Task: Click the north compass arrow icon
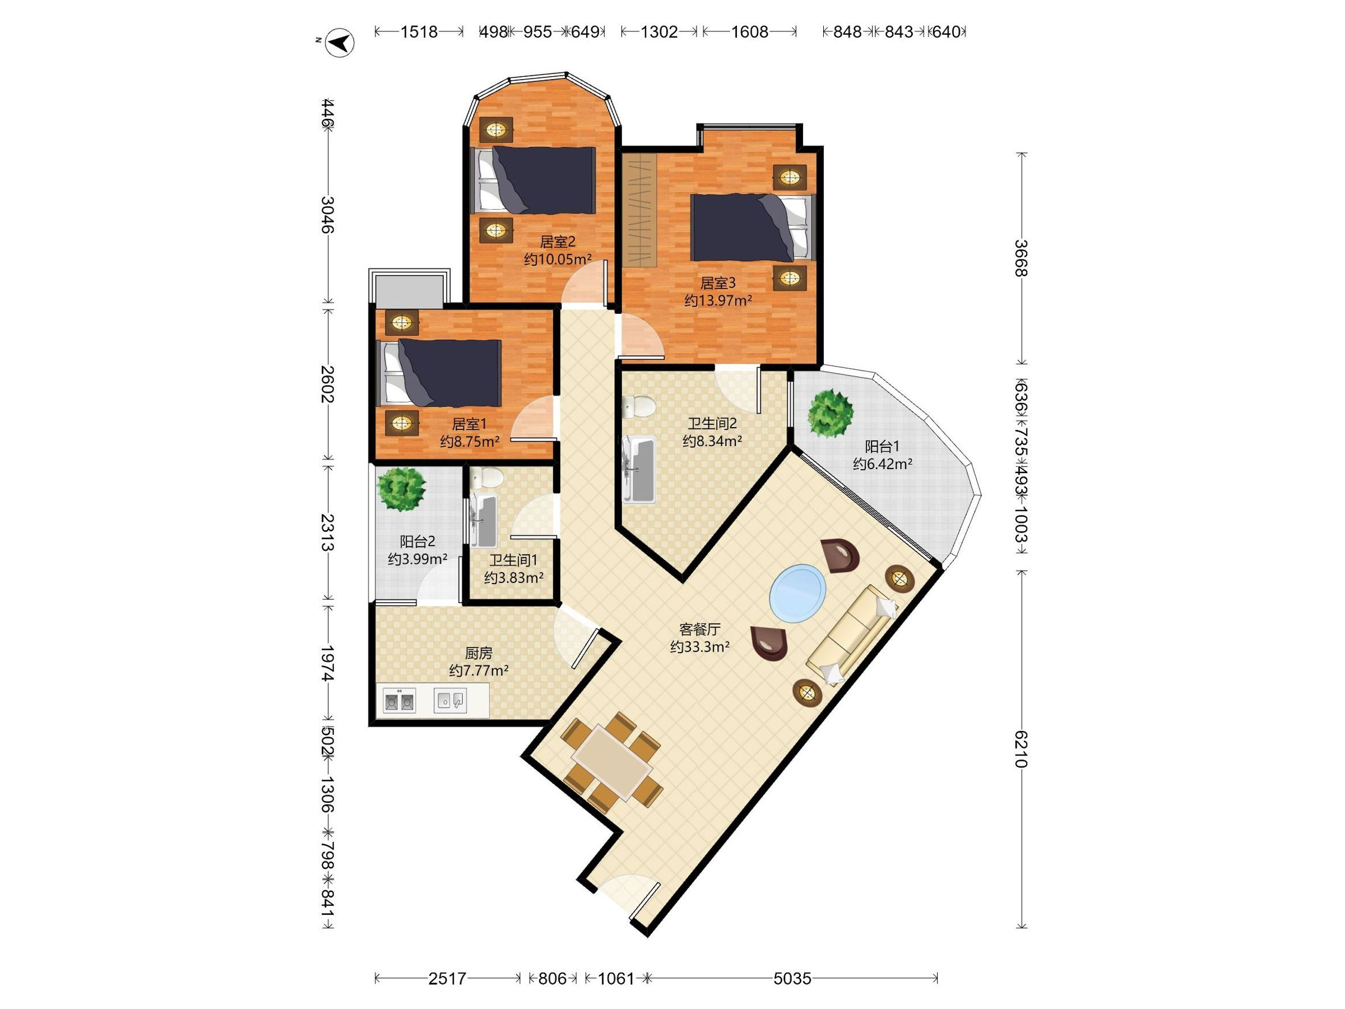(x=340, y=43)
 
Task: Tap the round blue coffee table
(x=798, y=594)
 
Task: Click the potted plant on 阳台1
(x=830, y=413)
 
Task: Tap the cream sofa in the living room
(x=852, y=633)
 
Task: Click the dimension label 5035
(x=792, y=979)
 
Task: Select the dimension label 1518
(x=419, y=31)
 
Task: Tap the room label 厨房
(x=479, y=653)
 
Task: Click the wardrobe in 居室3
(x=639, y=210)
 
